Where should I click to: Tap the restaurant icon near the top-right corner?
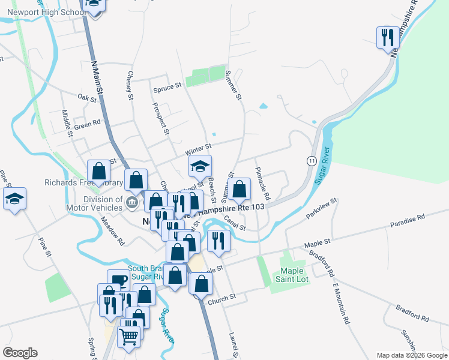click(x=386, y=38)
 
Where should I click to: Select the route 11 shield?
click(x=311, y=161)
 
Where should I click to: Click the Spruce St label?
click(x=167, y=87)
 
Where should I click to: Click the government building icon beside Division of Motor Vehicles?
click(x=131, y=203)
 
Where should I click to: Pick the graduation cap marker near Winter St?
click(x=200, y=166)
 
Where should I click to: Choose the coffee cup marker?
click(x=118, y=280)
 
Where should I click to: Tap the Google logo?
click(x=20, y=353)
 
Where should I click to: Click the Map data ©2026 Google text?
click(x=411, y=355)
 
